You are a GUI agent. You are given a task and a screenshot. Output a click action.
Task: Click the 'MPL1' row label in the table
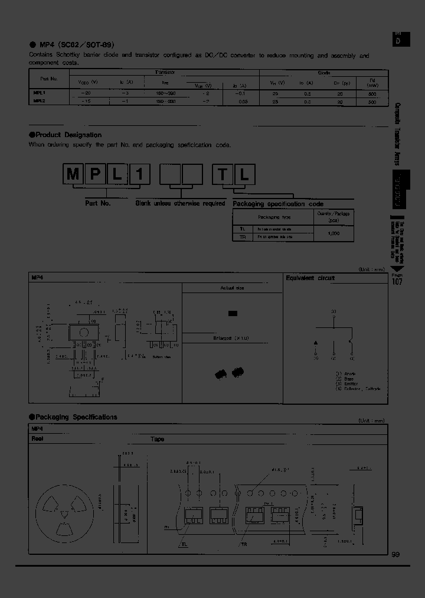40,93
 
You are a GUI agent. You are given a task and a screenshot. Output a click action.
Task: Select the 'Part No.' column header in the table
49,78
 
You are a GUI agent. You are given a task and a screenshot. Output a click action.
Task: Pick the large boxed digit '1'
142,174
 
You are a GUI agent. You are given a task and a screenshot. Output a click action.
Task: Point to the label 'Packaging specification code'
277,204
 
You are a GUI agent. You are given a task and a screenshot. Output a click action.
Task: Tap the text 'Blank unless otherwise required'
180,203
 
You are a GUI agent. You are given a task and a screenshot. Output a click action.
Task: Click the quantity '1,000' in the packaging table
333,233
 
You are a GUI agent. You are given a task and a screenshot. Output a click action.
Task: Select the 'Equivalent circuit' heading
310,278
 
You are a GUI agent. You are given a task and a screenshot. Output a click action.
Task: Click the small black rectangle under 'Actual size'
233,314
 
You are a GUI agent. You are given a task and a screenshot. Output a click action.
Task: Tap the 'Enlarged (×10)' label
231,339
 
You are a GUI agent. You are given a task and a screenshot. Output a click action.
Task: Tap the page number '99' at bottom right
395,554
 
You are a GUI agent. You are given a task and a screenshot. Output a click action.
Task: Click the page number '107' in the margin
397,282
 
